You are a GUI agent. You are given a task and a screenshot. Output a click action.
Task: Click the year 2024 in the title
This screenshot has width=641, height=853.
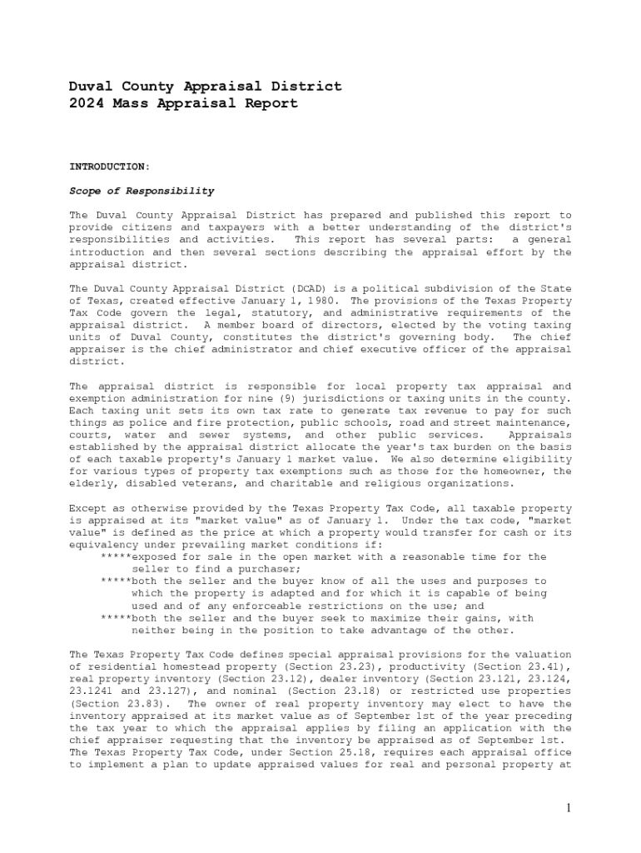(86, 104)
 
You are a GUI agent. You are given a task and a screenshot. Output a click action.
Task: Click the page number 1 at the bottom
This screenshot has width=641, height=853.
(567, 807)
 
